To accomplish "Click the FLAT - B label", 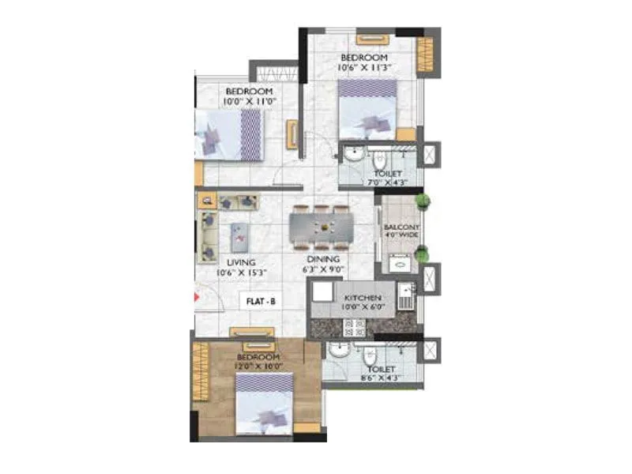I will click(261, 301).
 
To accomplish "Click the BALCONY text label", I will click(402, 227).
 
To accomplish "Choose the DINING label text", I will click(324, 259).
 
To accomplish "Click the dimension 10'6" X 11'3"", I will click(363, 69).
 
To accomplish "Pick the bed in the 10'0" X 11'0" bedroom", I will click(228, 134).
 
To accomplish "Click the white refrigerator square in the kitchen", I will click(322, 292).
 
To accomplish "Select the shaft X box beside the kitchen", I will click(431, 279).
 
